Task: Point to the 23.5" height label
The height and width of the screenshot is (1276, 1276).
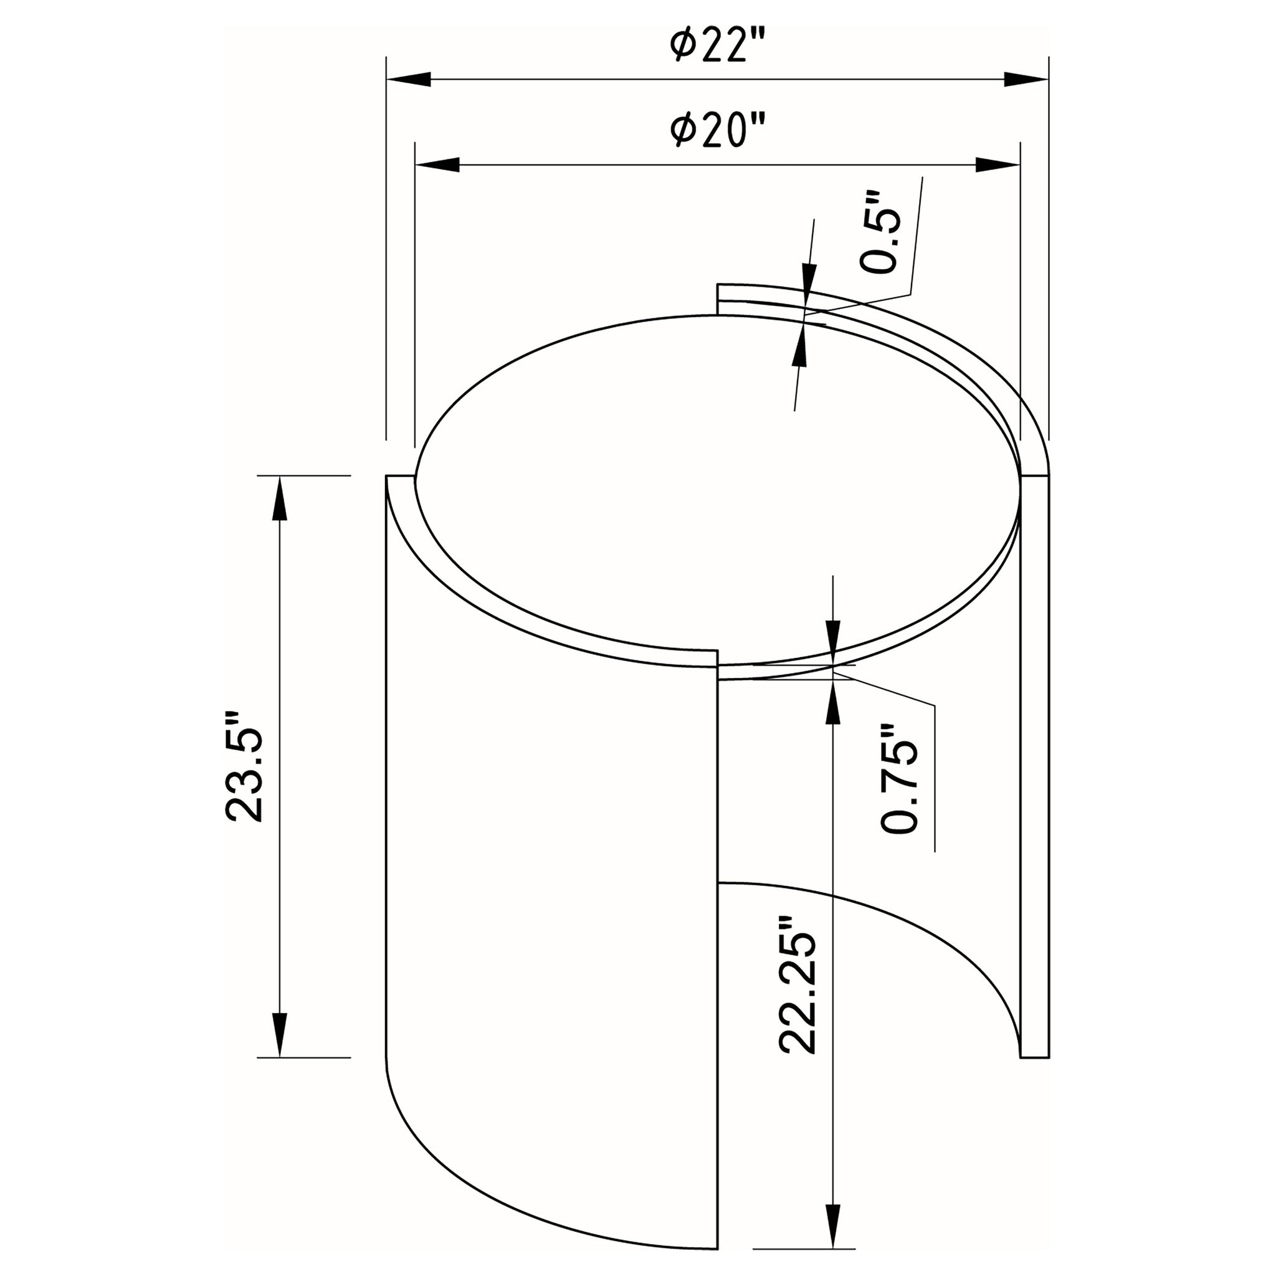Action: [x=244, y=766]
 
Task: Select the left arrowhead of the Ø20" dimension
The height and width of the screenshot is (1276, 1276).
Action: [x=437, y=165]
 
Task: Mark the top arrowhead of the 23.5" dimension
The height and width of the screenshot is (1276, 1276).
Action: [x=280, y=498]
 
